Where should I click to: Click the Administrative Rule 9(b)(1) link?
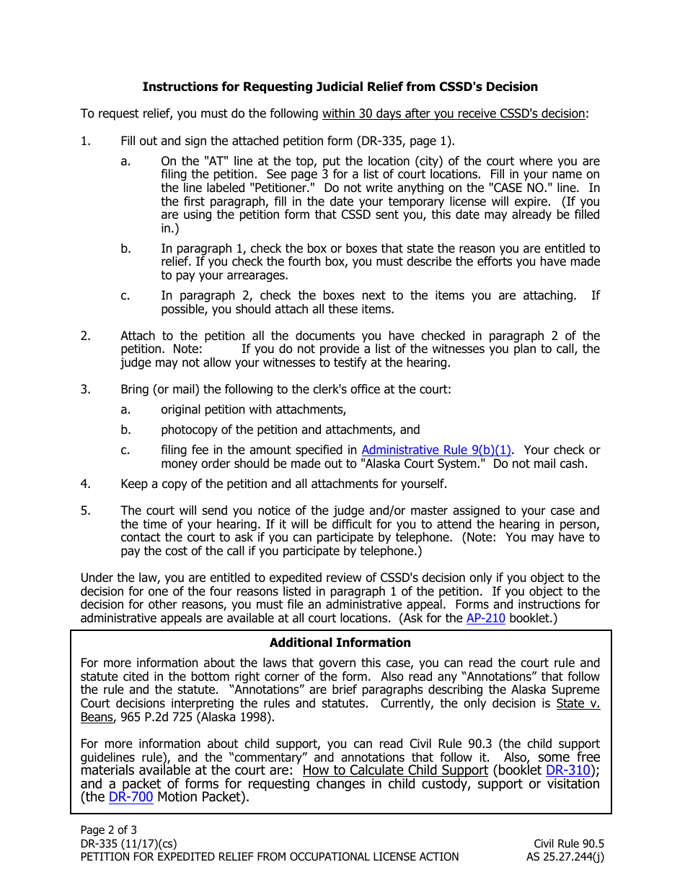point(436,450)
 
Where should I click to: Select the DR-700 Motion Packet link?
point(131,798)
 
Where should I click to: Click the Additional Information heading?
point(340,643)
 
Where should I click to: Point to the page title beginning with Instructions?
point(340,87)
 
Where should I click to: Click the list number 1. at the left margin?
point(86,141)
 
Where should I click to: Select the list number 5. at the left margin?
point(86,510)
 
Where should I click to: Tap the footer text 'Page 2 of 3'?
point(108,830)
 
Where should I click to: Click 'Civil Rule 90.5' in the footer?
point(569,843)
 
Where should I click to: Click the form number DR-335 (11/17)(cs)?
point(128,843)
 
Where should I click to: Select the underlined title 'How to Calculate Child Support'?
point(395,770)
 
